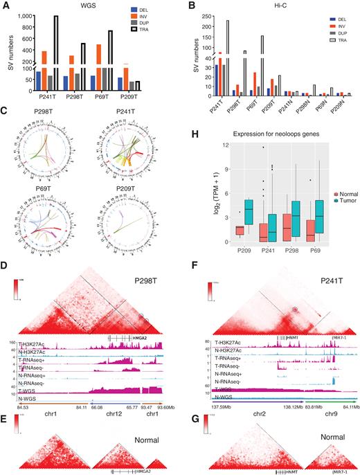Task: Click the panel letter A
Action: pyautogui.click(x=6, y=6)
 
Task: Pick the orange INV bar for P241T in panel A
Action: pyautogui.click(x=64, y=71)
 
